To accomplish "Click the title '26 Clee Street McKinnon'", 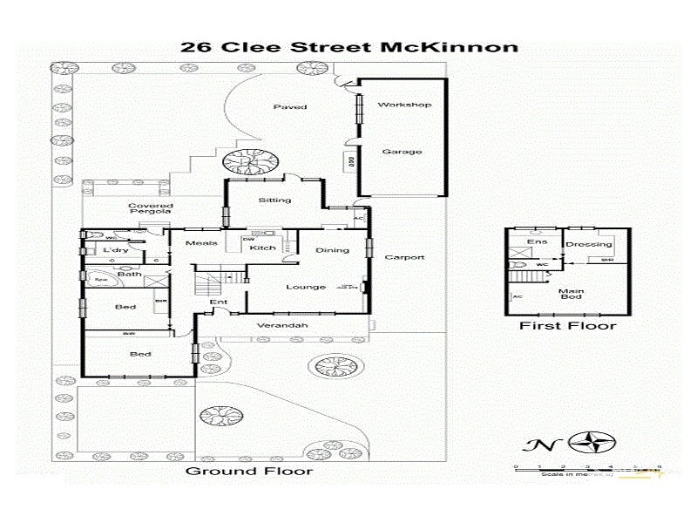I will pos(348,46).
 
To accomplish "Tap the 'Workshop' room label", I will pos(404,105).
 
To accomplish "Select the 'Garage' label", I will pos(402,151).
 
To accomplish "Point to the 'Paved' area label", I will pos(290,106).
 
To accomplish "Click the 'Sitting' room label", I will pos(274,200).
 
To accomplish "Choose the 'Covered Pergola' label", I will pos(149,208).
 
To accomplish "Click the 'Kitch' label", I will pos(262,248).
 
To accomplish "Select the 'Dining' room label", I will pos(332,250).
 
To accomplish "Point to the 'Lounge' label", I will pos(306,287).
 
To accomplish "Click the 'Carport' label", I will pos(405,257).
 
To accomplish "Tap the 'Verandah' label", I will pos(282,326).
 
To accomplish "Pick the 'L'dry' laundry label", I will pos(115,251).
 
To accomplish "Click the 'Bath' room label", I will pos(130,275).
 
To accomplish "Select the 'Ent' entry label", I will pos(218,302).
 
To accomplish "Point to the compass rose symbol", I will pos(596,442).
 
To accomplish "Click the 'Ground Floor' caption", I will pos(249,472).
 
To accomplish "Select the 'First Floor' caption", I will pos(567,326).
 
